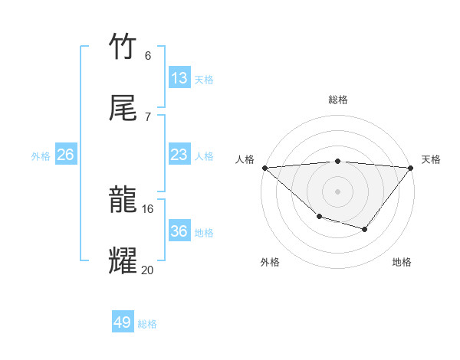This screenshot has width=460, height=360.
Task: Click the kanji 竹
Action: [123, 47]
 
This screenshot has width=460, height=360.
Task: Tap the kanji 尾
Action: [123, 108]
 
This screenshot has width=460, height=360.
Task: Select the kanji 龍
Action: [123, 201]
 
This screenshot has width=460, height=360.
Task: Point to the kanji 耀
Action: [123, 261]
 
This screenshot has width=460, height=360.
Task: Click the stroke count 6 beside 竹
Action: [148, 55]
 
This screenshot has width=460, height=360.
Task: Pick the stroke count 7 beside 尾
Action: [148, 116]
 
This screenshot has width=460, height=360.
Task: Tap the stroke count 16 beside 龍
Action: [148, 208]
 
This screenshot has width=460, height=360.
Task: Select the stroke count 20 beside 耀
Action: [148, 270]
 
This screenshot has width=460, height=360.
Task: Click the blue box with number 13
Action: [179, 78]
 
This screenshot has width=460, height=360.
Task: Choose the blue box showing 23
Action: [179, 155]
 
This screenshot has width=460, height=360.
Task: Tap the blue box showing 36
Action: [179, 231]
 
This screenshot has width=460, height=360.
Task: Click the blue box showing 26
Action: [66, 155]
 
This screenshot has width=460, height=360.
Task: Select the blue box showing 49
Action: [123, 322]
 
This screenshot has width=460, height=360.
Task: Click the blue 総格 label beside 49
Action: [147, 324]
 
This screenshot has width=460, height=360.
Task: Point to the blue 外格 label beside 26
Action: [41, 156]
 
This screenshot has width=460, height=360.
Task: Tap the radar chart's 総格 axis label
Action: [338, 100]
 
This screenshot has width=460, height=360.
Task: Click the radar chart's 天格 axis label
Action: [432, 159]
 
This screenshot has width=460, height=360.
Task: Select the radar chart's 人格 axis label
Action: [245, 159]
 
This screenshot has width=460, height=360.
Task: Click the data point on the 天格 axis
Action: [411, 168]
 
